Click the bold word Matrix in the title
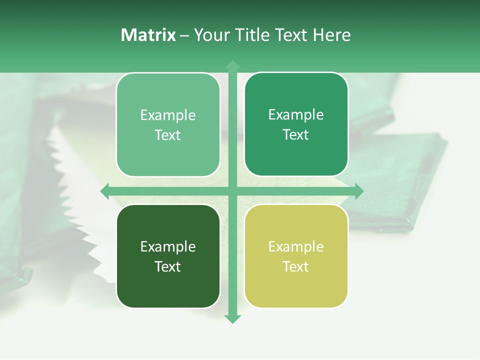[x=148, y=35]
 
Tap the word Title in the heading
[x=249, y=35]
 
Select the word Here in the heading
[x=331, y=35]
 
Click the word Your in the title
[x=211, y=35]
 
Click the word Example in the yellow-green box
[x=296, y=246]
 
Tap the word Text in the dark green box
[x=168, y=266]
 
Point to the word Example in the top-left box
[x=168, y=115]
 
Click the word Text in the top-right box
[x=296, y=134]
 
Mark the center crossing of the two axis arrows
[x=232, y=191]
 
